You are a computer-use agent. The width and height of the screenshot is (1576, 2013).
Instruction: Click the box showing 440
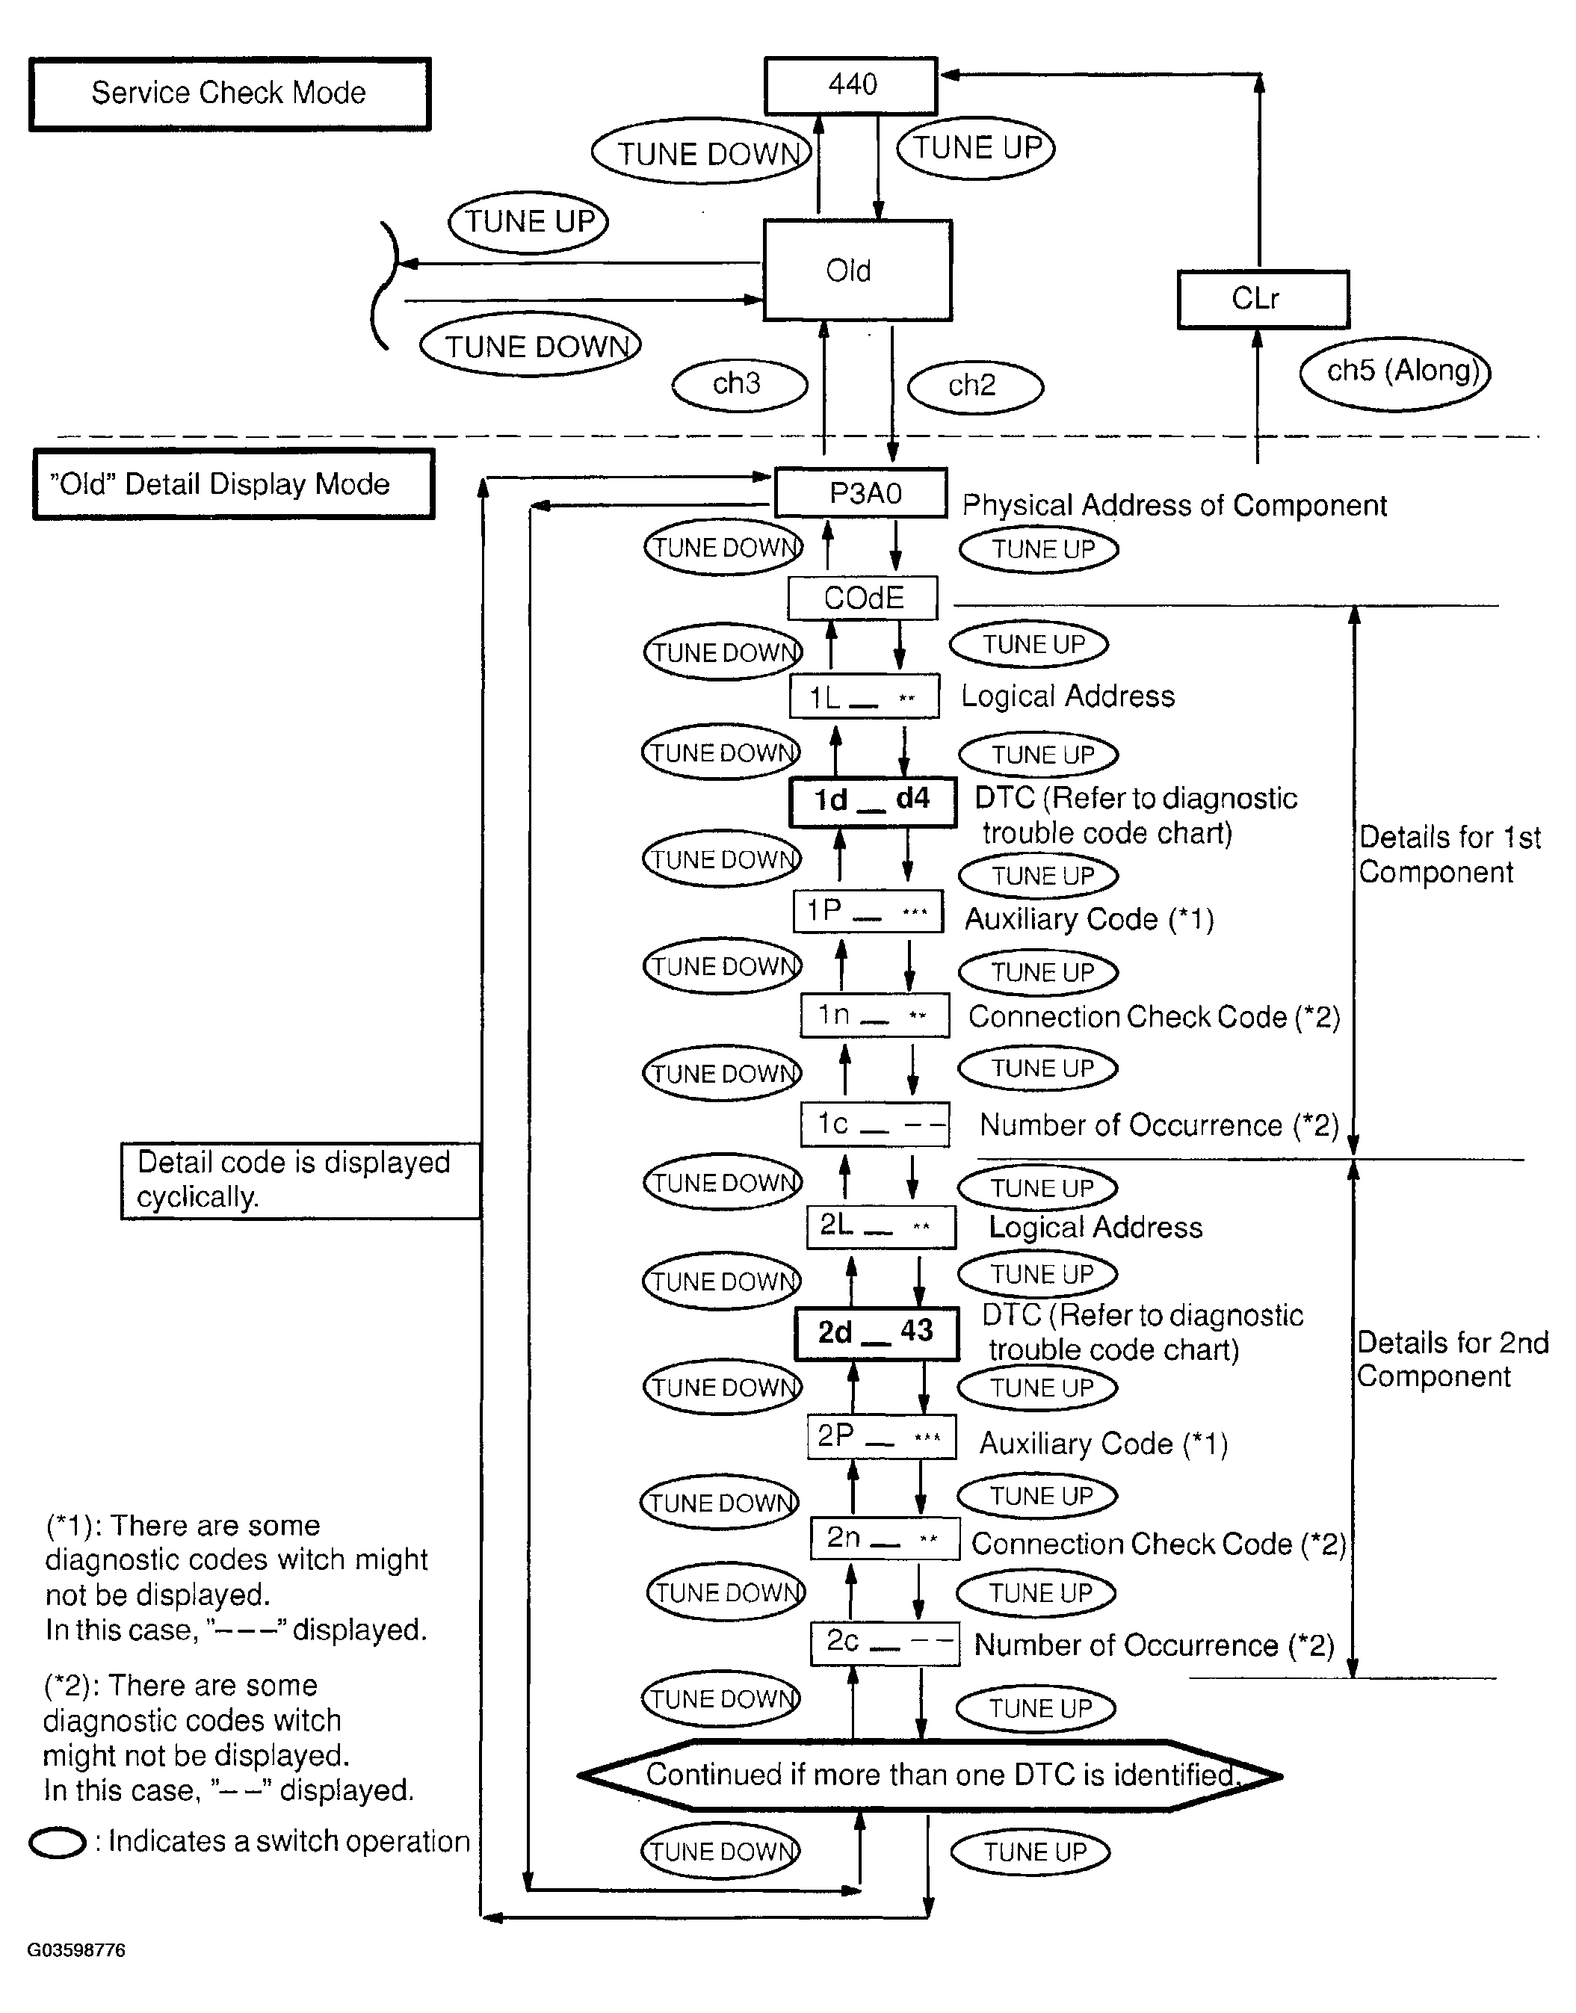point(850,86)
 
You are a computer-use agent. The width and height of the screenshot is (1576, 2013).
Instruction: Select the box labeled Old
point(857,270)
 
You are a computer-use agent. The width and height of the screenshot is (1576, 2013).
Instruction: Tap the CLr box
point(1262,299)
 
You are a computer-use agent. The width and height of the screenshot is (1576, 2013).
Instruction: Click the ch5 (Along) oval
point(1394,373)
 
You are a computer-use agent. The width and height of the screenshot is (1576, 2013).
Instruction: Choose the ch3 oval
point(739,384)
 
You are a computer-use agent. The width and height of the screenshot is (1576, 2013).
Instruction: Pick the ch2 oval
point(974,386)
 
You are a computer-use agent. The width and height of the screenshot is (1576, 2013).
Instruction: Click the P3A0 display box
point(861,494)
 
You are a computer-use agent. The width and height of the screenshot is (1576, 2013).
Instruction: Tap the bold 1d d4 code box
point(872,801)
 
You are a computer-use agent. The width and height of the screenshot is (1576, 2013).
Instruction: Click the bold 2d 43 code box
point(877,1333)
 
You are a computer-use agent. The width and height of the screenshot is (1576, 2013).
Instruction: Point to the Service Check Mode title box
point(229,94)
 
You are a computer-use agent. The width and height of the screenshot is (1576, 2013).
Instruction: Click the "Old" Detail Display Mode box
point(233,484)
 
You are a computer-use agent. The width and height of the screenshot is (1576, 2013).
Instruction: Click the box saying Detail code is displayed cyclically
point(300,1180)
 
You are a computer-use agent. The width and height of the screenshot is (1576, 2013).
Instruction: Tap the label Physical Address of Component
point(1174,506)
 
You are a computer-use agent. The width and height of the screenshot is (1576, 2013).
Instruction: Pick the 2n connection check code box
point(885,1539)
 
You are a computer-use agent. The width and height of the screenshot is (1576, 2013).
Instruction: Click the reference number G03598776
point(75,1950)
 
